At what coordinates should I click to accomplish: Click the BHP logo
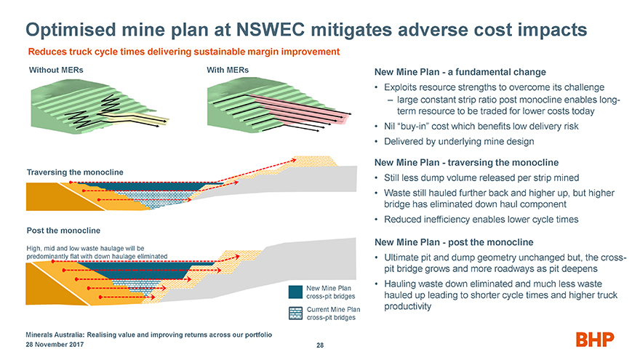596,340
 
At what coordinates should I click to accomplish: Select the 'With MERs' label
227,70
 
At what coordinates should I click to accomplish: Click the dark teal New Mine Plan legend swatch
295,292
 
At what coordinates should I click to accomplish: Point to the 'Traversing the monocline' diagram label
75,172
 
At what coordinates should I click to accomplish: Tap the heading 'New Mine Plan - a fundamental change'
460,73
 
